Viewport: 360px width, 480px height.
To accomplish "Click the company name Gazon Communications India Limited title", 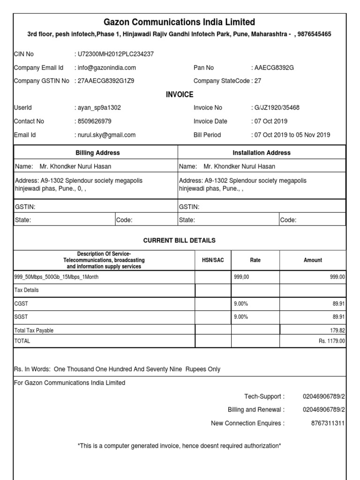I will tap(180, 22).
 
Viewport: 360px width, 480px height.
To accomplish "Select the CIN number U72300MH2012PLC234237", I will tap(115, 54).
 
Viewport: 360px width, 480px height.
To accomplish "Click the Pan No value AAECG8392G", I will tap(273, 67).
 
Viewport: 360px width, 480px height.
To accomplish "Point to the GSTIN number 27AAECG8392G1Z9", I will tap(105, 81).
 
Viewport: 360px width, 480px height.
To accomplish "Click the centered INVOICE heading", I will tap(180, 95).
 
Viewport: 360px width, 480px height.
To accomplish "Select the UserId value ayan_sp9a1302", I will tap(98, 107).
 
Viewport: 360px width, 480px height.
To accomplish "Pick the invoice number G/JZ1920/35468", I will tap(276, 107).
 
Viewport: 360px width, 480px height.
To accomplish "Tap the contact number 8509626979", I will tap(94, 121).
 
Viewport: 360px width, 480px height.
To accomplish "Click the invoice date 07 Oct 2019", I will tap(271, 121).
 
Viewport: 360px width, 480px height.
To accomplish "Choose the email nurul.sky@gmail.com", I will tap(106, 135).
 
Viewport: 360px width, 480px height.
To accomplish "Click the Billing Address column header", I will tap(97, 153).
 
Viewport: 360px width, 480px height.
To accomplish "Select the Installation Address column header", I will tap(262, 153).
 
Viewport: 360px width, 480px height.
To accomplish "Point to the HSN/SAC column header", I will tap(213, 260).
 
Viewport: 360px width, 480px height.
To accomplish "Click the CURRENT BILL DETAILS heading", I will tap(180, 240).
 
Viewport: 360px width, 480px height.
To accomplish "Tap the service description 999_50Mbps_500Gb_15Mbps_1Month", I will tap(57, 277).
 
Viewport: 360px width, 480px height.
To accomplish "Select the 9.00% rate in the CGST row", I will tap(240, 304).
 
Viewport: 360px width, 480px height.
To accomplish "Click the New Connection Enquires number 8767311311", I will tap(328, 423).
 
